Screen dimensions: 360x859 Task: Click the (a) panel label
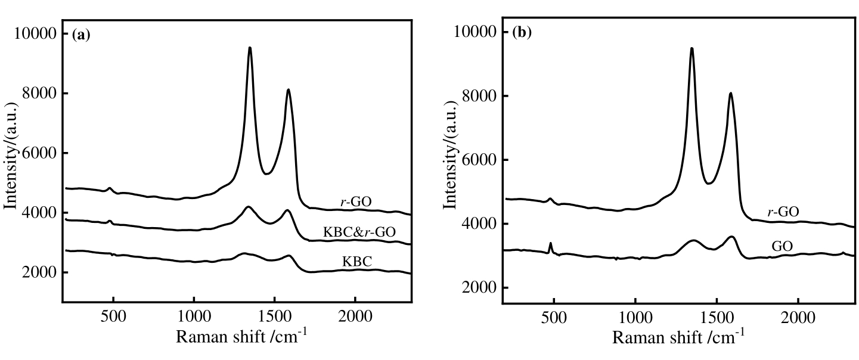80,35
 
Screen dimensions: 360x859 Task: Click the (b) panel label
522,33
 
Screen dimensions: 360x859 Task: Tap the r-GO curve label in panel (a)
356,202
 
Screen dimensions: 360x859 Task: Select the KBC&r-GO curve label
359,232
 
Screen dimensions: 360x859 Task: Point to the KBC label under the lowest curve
356,262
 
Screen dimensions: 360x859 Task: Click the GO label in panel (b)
782,245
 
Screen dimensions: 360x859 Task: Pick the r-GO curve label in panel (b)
783,211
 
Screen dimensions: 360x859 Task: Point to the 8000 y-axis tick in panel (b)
479,96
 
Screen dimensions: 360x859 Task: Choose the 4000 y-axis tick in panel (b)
479,224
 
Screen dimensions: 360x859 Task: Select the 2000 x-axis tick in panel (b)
798,314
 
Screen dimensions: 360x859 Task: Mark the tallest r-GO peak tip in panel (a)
250,48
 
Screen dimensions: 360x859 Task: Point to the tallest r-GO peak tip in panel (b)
691,48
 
